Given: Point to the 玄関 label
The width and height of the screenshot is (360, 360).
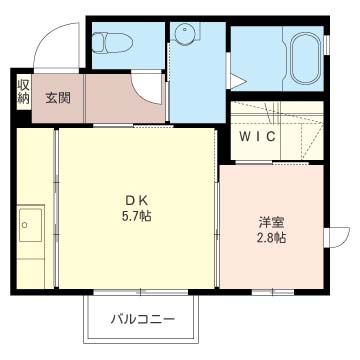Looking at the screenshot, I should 58,97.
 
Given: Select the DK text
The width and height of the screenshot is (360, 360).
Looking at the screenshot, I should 137,197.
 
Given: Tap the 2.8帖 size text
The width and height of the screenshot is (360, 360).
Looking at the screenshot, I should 270,238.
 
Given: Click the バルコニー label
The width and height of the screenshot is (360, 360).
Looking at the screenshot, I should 145,321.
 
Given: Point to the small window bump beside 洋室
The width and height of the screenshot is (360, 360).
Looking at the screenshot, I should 337,237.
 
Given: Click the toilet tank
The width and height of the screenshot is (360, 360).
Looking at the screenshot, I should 97,43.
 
